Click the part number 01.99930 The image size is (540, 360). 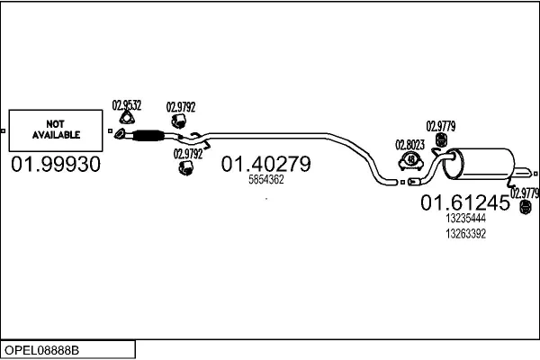tap(56, 166)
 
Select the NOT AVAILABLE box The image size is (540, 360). tap(56, 130)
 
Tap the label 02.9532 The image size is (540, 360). tap(127, 104)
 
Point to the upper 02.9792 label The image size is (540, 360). tap(181, 106)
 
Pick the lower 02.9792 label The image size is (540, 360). tap(188, 153)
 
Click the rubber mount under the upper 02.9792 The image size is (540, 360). tap(180, 121)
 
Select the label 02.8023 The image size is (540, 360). tap(409, 143)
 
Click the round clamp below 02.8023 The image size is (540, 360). tap(410, 160)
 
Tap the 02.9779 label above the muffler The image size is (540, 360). tap(440, 125)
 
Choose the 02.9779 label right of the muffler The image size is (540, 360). tap(524, 193)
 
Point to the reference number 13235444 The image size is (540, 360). tap(465, 219)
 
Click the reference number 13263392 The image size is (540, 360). tap(465, 233)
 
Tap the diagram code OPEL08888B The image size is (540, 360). tap(43, 349)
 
